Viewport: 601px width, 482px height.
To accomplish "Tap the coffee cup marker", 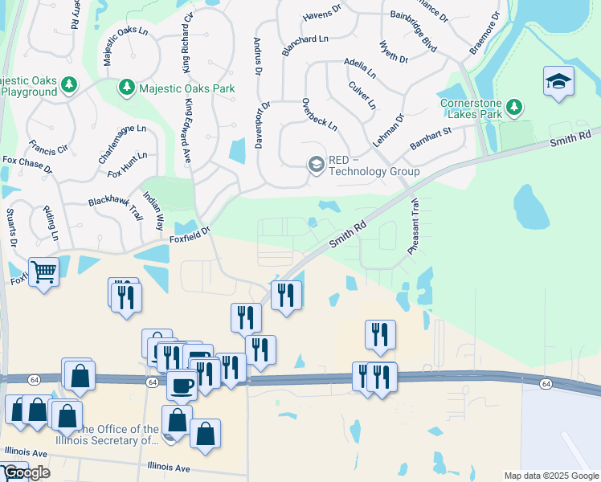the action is [182, 385].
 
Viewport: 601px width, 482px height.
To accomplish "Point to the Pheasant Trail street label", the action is [415, 227].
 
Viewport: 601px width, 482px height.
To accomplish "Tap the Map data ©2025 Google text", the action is [551, 476].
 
